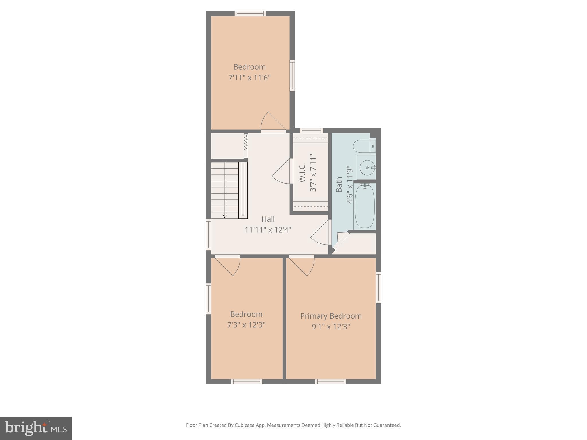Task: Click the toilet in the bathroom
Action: (x=364, y=146)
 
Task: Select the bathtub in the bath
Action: (x=365, y=206)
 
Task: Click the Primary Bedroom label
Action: (x=331, y=316)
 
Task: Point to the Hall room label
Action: (x=268, y=219)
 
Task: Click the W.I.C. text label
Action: (x=302, y=173)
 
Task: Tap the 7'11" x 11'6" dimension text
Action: (x=249, y=78)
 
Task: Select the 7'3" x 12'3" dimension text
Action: (x=246, y=325)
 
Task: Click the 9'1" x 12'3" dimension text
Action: (x=331, y=327)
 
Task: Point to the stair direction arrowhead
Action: (x=225, y=216)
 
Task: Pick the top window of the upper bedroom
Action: (x=250, y=13)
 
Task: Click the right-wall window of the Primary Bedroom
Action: (x=378, y=288)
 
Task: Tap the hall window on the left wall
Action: (x=208, y=235)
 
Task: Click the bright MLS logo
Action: (x=36, y=428)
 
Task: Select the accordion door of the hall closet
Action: (x=246, y=142)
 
